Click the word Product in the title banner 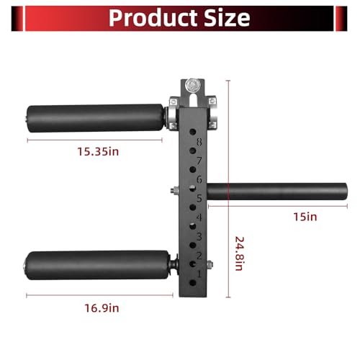(x=153, y=18)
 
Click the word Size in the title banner (x=227, y=18)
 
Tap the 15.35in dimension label (x=98, y=152)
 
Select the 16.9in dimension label (x=102, y=308)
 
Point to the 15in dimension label (x=305, y=217)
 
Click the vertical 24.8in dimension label (x=240, y=253)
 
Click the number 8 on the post (x=199, y=142)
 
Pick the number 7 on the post (x=199, y=161)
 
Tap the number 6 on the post (x=199, y=179)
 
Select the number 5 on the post (x=199, y=199)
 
